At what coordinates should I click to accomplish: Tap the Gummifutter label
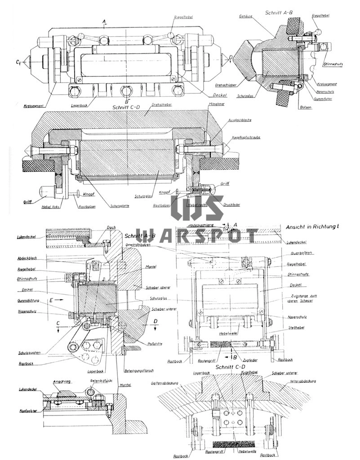(x=322, y=98)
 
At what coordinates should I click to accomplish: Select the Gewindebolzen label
(x=150, y=245)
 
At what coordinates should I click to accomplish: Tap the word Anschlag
(x=60, y=381)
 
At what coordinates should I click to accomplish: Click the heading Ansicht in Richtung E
(x=311, y=227)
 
